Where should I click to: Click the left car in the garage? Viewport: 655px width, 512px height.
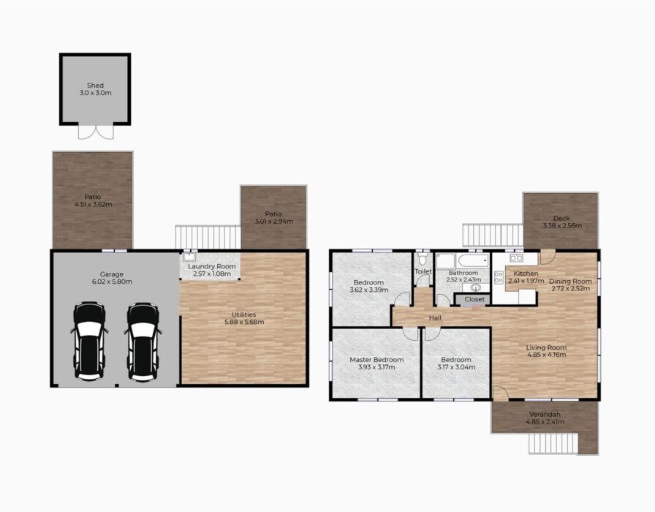point(89,341)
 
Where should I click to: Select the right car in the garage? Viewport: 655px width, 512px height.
point(143,341)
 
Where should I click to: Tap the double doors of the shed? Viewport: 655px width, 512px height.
point(96,132)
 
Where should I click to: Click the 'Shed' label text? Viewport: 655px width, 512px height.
point(95,86)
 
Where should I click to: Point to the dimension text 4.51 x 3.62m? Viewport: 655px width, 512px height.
point(93,204)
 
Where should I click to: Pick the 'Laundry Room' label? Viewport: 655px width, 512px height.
point(212,266)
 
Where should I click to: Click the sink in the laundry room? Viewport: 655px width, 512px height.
point(189,256)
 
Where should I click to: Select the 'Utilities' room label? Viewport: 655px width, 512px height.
point(244,315)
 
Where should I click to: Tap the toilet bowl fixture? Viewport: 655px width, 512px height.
point(423,259)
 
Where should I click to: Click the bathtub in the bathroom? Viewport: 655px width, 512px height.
point(473,261)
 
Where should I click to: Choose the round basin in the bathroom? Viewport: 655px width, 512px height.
point(476,287)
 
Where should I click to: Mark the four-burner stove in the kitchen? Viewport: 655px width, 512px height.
point(499,277)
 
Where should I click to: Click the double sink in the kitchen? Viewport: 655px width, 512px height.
point(516,257)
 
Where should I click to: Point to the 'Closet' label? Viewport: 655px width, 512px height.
point(474,299)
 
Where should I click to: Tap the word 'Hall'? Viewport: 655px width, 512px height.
point(435,318)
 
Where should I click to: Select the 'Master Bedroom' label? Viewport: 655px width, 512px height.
point(376,359)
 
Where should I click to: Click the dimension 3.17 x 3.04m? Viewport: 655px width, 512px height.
point(456,367)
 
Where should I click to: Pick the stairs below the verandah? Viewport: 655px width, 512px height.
point(553,443)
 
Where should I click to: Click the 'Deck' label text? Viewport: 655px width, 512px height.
point(561,218)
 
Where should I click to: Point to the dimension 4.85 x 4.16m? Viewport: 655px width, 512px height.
point(546,355)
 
